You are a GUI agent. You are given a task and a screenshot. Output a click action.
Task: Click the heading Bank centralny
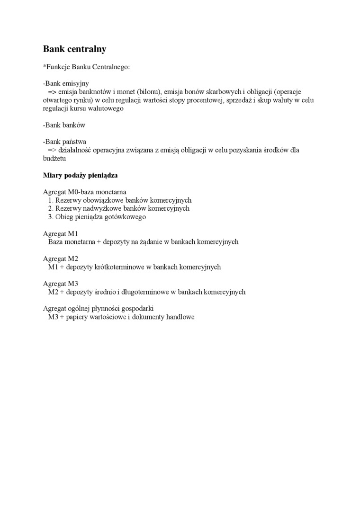[75, 49]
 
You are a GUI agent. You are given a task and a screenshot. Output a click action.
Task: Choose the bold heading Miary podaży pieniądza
[80, 175]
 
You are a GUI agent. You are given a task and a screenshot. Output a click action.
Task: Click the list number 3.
[50, 217]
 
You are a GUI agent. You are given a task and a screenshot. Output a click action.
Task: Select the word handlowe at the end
[180, 317]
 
